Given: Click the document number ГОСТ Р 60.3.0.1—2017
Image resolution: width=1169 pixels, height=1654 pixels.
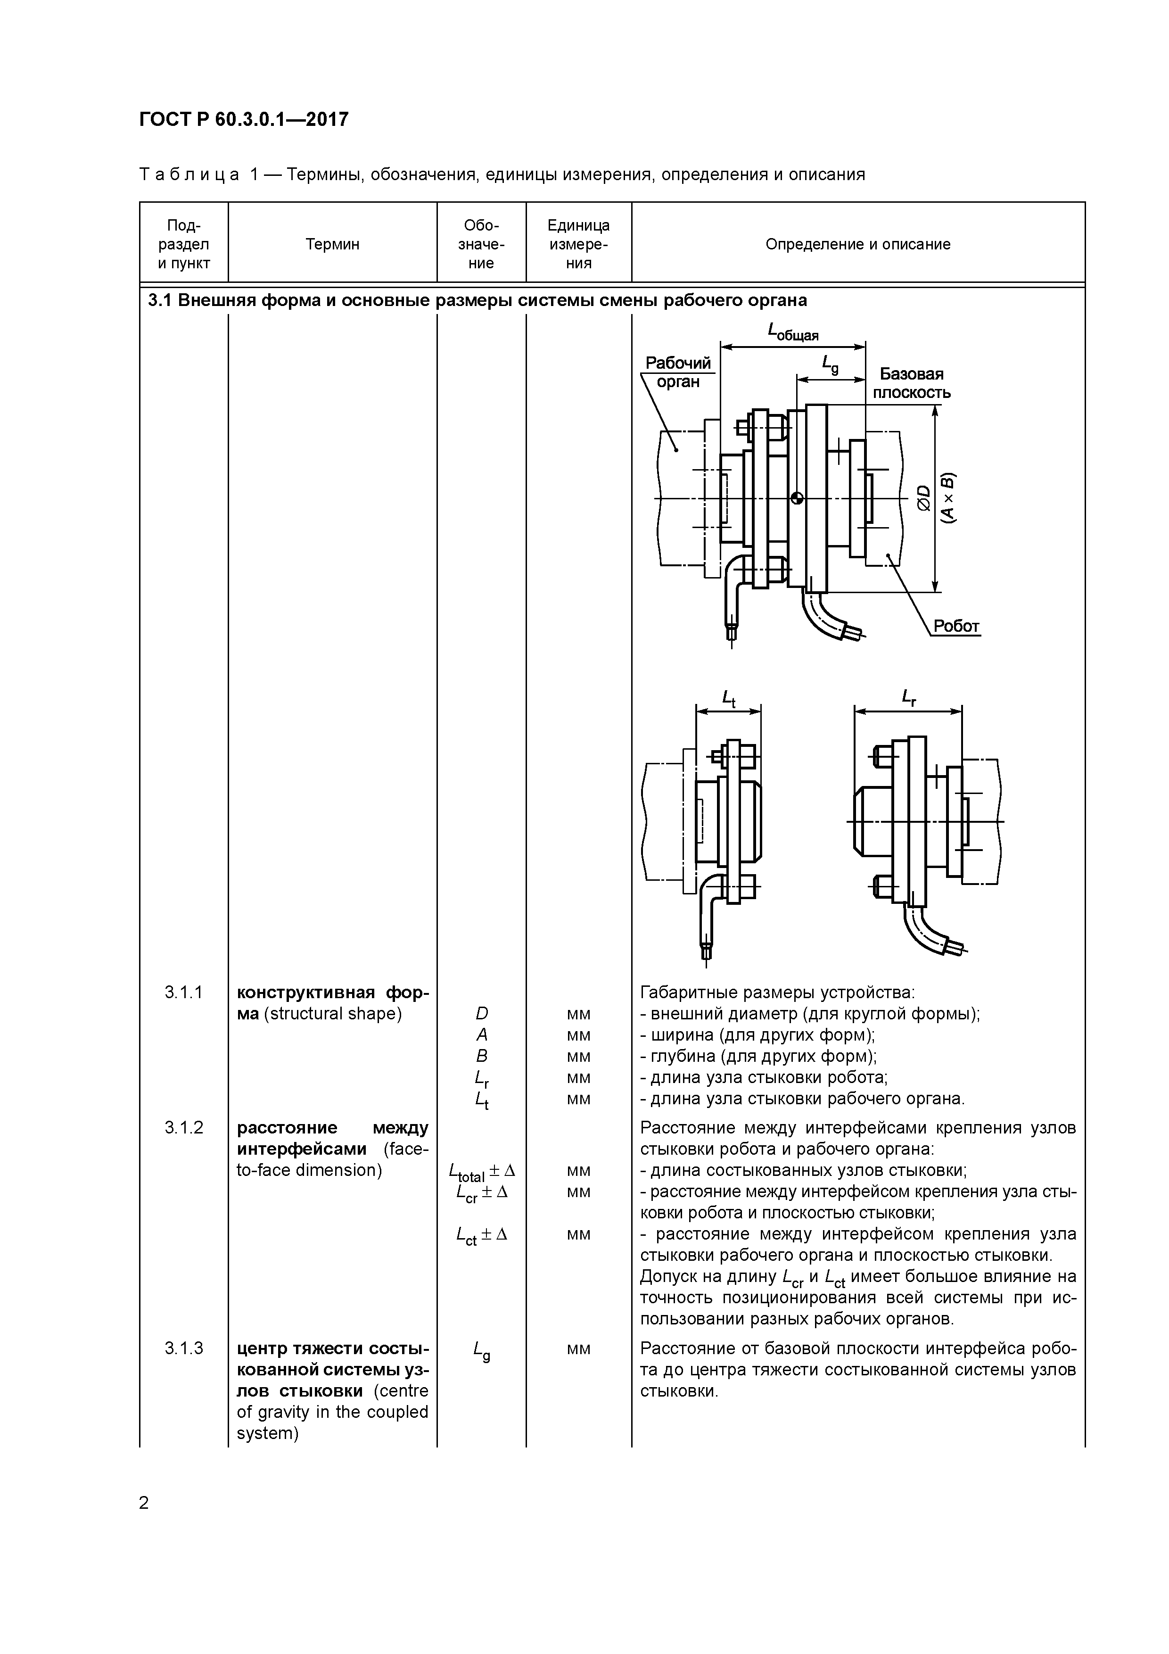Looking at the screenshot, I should (243, 120).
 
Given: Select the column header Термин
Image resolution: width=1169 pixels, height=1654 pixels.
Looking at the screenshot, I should (332, 244).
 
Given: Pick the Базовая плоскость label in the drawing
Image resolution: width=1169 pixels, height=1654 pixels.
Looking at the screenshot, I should (911, 383).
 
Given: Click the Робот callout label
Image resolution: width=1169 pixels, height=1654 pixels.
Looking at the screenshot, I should (956, 626).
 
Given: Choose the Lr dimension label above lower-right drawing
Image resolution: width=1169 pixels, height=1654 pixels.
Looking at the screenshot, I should (908, 697).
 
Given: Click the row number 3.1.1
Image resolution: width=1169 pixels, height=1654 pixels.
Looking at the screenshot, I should (184, 992).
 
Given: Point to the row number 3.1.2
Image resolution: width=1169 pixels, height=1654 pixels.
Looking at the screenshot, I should (184, 1127).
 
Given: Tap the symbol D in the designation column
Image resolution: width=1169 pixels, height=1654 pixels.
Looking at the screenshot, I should (481, 1014).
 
